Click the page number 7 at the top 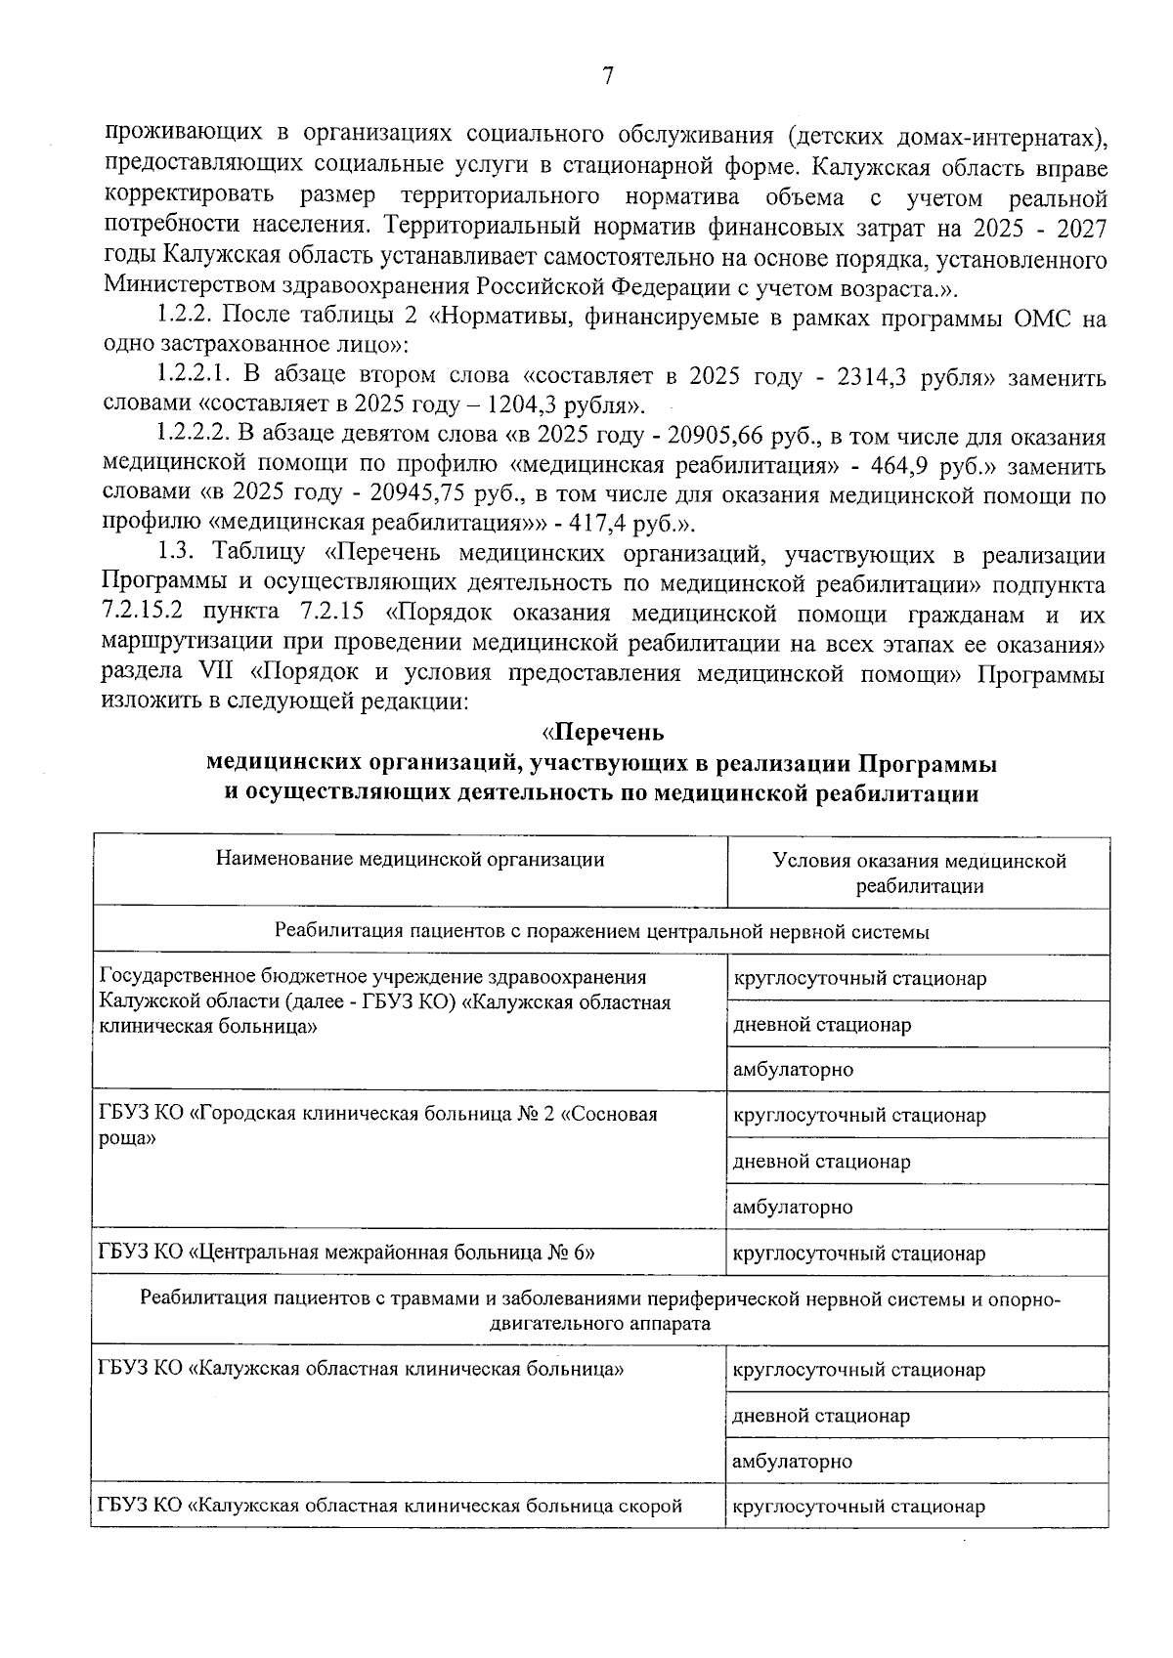tap(607, 76)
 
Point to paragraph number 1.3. tap(178, 555)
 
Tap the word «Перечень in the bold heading tap(603, 733)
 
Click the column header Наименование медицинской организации tap(410, 860)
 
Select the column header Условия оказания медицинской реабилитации tap(919, 872)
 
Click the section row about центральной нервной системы tap(601, 932)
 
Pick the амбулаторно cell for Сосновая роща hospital tap(793, 1208)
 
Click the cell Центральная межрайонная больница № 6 tap(347, 1254)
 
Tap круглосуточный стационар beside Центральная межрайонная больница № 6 tap(859, 1254)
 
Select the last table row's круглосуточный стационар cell tap(859, 1507)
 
